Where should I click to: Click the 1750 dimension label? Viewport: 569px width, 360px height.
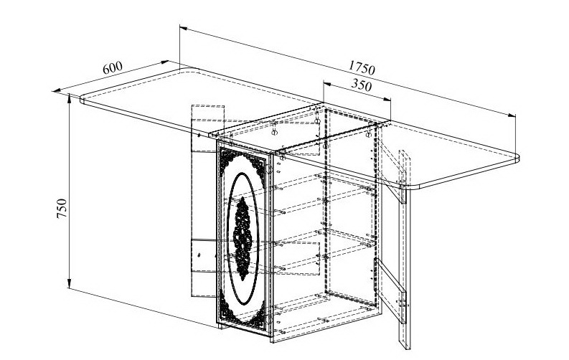(x=362, y=67)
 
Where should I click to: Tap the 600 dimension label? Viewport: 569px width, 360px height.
(x=113, y=67)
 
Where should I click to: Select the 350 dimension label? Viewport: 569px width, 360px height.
(x=362, y=85)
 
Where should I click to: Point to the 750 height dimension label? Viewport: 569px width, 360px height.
(x=62, y=208)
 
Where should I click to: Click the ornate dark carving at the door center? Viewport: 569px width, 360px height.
(x=243, y=238)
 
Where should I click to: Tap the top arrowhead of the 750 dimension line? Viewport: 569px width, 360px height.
(x=70, y=98)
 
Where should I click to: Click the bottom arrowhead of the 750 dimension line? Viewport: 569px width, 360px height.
(x=70, y=284)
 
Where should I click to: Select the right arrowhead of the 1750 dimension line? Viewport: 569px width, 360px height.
(x=512, y=115)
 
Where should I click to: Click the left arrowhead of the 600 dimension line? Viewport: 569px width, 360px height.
(x=57, y=90)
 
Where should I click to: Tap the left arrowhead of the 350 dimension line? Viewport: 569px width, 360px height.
(x=327, y=84)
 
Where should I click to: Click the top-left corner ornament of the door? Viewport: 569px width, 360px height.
(x=227, y=158)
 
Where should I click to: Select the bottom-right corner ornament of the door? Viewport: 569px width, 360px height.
(x=259, y=319)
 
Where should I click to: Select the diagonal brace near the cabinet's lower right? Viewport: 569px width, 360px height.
(x=390, y=290)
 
